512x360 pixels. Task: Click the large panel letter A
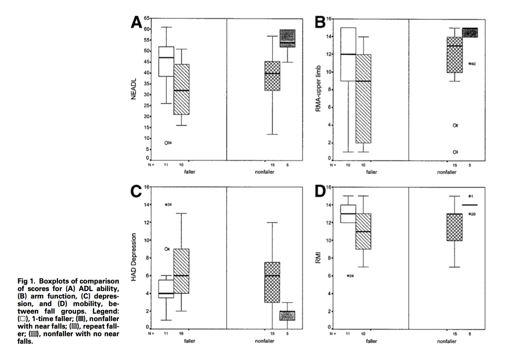coord(136,22)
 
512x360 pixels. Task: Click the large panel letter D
coord(320,191)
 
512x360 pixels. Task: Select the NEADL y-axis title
coord(134,89)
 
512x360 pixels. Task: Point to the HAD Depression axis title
coord(134,257)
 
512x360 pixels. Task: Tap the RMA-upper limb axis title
coord(318,89)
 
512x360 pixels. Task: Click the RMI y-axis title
coord(318,258)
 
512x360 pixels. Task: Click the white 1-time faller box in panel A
coord(166,61)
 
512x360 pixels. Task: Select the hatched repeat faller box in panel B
coord(363,99)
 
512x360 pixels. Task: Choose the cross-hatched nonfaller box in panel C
coord(272,282)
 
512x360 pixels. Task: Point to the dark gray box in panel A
coord(287,38)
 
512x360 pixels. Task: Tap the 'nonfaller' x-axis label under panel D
coord(446,341)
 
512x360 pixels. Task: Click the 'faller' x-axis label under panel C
coord(190,341)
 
